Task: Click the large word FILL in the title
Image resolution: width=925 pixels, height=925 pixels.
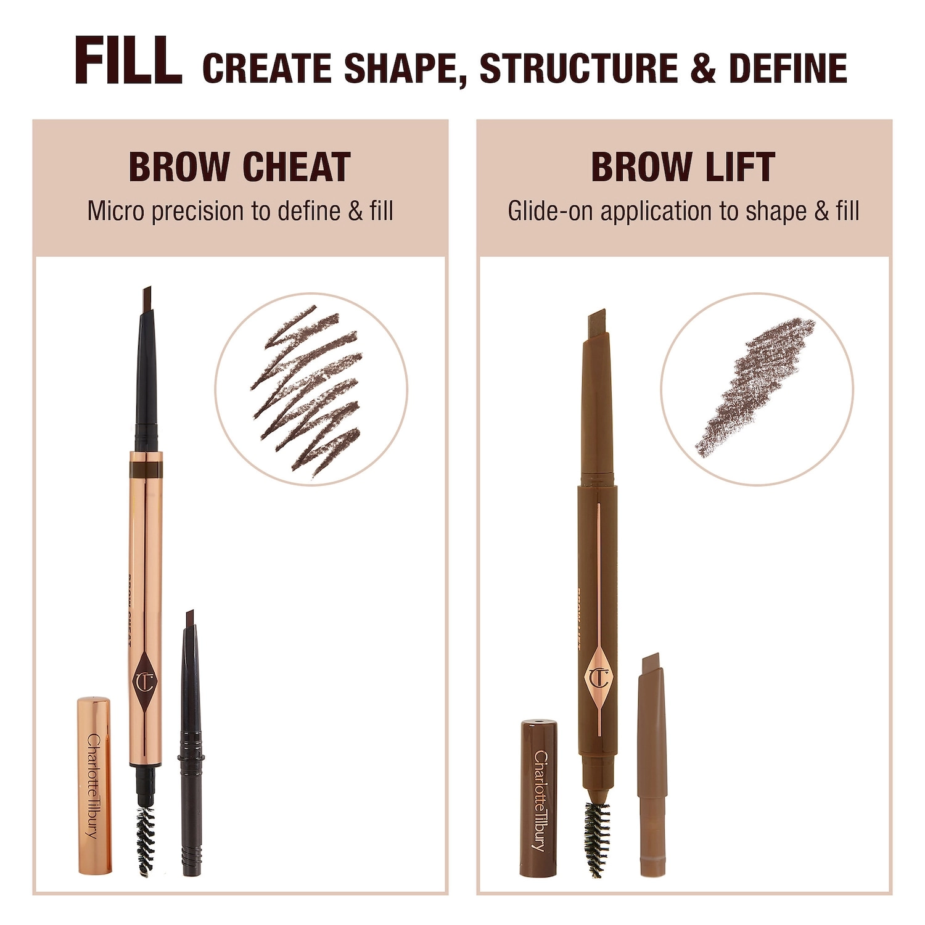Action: coord(128,62)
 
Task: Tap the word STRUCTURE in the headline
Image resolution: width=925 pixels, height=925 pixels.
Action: coord(578,68)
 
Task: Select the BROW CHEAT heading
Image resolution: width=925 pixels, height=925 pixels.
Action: coord(239,167)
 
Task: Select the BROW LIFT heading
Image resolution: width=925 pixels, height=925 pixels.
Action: coord(683,167)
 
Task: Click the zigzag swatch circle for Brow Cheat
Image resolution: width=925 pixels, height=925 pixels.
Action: coord(311,389)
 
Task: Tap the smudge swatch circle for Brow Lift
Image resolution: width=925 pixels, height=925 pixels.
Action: coord(757,389)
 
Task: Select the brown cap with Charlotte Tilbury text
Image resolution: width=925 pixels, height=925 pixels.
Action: coord(539,798)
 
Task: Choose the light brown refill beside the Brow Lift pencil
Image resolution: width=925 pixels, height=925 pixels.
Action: coord(652,765)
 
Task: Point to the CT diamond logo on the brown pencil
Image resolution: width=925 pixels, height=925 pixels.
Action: coord(598,677)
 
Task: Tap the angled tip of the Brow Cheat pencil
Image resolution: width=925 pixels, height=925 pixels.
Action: coord(147,298)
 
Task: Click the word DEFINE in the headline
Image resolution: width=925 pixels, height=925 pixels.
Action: coord(787,68)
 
